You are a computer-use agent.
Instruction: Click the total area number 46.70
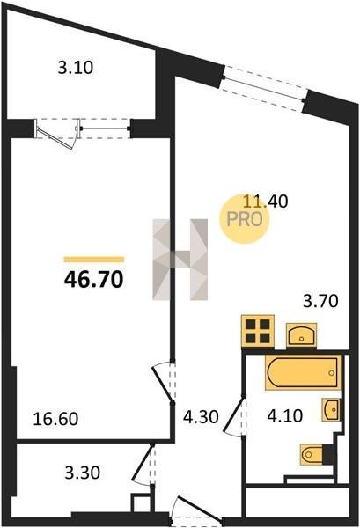(x=93, y=280)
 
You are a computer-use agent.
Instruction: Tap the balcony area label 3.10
(x=76, y=68)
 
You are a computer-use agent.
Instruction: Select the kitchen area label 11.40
(x=266, y=202)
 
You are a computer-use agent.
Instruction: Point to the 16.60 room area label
(x=55, y=419)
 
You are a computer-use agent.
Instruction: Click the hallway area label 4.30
(x=201, y=417)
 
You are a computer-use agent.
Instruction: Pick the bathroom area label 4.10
(x=285, y=416)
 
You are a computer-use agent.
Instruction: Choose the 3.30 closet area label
(x=83, y=472)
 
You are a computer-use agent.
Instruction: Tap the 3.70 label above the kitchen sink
(x=320, y=301)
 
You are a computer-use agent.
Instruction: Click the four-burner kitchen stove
(x=258, y=331)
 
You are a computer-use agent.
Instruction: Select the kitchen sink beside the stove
(x=301, y=335)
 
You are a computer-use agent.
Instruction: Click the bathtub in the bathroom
(x=303, y=372)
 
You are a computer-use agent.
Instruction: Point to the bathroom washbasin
(x=331, y=409)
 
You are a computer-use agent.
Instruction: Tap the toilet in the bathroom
(x=317, y=455)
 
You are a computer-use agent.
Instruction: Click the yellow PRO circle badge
(x=245, y=219)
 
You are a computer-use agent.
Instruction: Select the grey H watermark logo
(x=180, y=260)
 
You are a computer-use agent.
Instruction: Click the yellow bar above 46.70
(x=94, y=260)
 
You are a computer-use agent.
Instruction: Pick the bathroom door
(x=234, y=416)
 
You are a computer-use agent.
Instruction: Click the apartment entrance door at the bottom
(x=197, y=510)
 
